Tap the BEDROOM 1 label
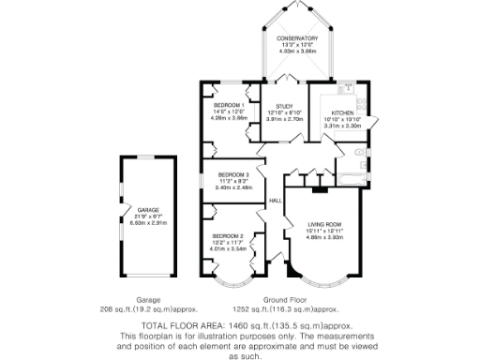click(229, 105)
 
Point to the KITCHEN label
click(341, 112)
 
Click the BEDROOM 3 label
click(233, 174)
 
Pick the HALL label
click(277, 202)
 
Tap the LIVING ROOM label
click(325, 226)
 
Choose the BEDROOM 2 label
click(228, 235)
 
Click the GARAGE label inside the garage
click(147, 211)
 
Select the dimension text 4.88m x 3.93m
click(325, 238)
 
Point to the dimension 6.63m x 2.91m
click(147, 223)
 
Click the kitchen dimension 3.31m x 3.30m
click(341, 125)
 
